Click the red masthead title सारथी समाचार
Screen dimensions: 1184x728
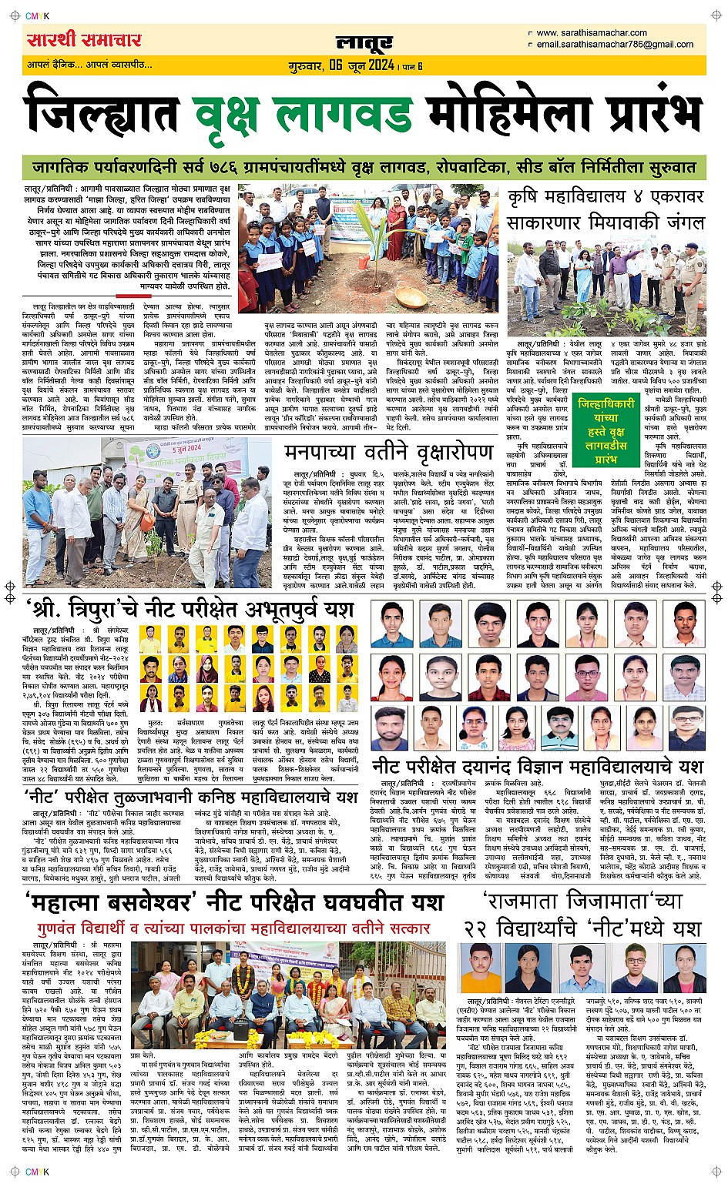(84, 39)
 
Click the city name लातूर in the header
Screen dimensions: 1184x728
(364, 42)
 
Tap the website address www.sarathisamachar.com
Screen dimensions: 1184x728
(591, 32)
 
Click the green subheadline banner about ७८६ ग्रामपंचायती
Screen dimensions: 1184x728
(364, 167)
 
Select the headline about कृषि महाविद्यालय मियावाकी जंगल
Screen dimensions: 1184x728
(606, 209)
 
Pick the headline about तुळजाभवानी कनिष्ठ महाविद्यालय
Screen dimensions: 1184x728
(190, 796)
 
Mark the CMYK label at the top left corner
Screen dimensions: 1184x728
(36, 16)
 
